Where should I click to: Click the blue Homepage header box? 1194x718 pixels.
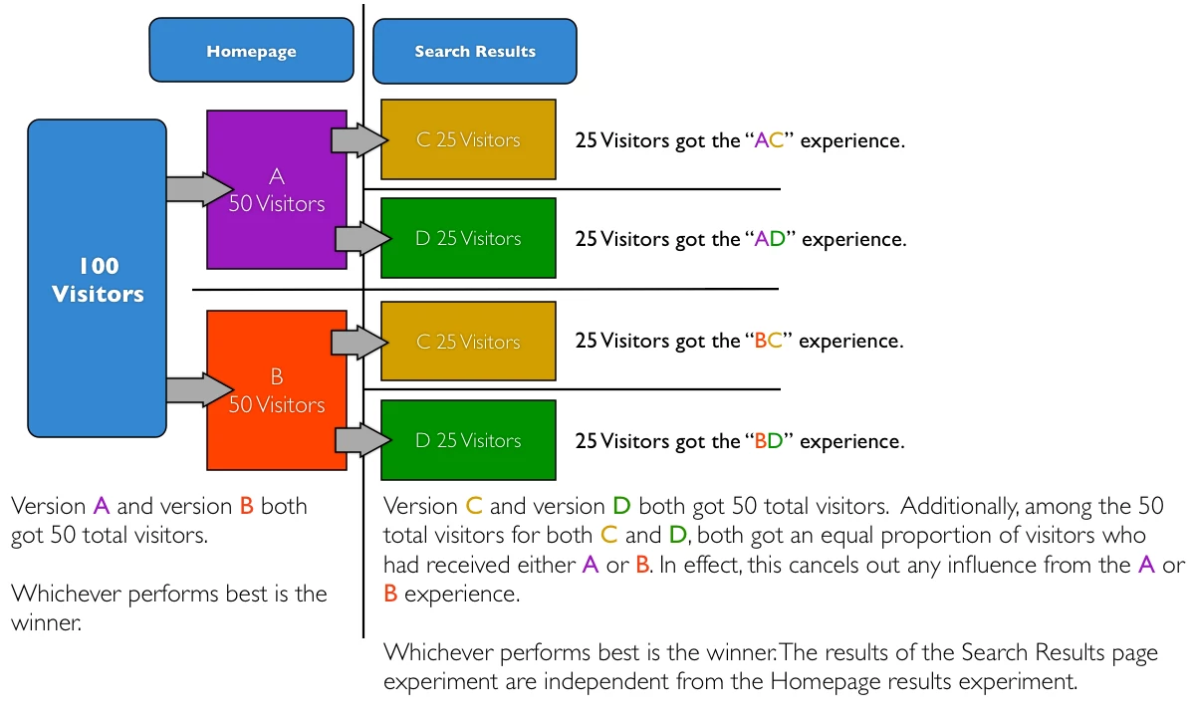coord(251,51)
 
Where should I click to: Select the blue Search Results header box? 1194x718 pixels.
coord(474,52)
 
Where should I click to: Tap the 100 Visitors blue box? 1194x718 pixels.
coord(98,280)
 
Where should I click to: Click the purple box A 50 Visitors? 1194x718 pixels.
coord(276,190)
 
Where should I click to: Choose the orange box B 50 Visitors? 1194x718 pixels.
coord(276,390)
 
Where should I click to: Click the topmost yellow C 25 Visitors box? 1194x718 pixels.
coord(468,139)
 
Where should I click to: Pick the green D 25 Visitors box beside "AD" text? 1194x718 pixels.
coord(468,238)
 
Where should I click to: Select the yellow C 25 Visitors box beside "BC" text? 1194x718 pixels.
coord(468,342)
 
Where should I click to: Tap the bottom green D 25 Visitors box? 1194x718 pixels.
coord(468,440)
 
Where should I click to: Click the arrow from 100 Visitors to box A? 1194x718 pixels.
coord(198,188)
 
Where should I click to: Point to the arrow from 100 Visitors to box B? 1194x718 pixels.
coord(198,389)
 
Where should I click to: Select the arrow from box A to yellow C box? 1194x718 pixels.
coord(358,140)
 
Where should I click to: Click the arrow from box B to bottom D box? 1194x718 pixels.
coord(360,438)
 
